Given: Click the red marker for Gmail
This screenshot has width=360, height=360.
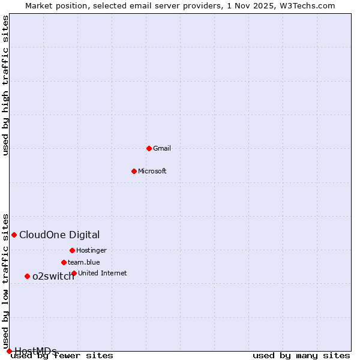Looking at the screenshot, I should [149, 148].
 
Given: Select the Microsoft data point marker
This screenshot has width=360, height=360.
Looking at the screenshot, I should [134, 171].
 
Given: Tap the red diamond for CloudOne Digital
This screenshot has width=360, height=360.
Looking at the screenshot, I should [14, 235].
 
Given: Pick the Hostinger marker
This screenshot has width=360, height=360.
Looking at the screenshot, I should [72, 250].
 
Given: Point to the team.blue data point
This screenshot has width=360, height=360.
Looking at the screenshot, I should [64, 262].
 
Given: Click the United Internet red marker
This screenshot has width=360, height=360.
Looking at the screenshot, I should [74, 273].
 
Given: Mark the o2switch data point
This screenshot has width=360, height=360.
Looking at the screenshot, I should [27, 276].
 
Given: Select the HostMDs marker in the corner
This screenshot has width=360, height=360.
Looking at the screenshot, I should [9, 351].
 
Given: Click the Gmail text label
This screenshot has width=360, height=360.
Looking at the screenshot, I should [162, 148].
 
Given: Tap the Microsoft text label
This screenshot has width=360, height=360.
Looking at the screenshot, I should [152, 171].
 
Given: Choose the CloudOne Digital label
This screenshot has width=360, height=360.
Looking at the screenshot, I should [59, 235].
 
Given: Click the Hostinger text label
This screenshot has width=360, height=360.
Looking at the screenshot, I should [91, 250].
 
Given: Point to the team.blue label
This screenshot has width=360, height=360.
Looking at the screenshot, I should [84, 262].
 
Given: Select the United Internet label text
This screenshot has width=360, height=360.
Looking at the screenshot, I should [103, 273].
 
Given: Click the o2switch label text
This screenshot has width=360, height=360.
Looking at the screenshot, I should [53, 276].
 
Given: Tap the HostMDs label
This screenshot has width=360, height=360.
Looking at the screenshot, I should [35, 351].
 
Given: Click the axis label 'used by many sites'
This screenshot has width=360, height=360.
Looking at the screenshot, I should [301, 356].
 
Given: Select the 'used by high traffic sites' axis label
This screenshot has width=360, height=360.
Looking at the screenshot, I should [6, 85].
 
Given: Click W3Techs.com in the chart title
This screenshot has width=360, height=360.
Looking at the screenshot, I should [305, 5].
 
